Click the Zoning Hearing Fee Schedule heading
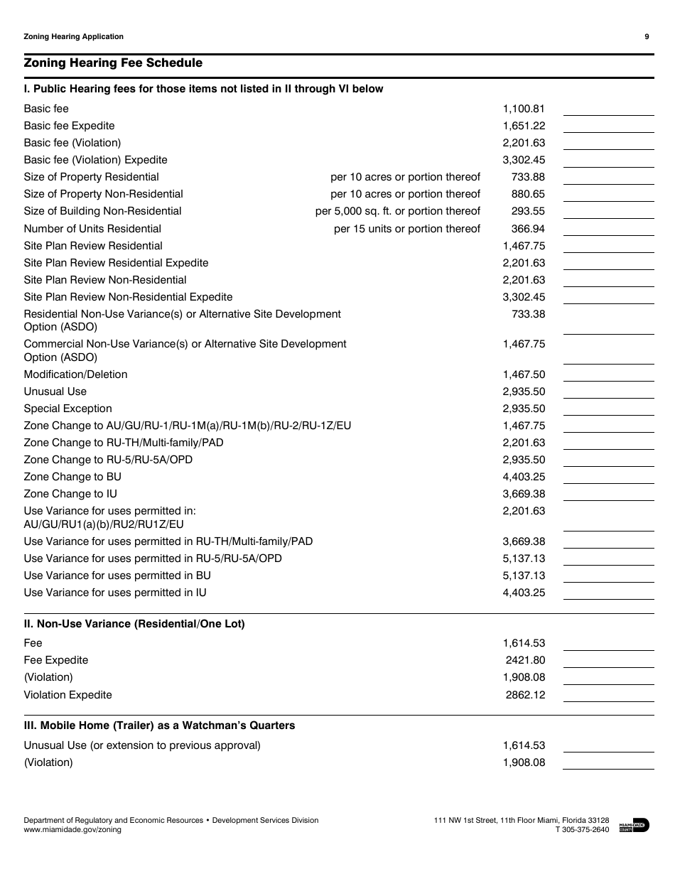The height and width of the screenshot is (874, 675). point(113,63)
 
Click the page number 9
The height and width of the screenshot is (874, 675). point(647,37)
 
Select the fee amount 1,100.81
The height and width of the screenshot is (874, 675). point(524,109)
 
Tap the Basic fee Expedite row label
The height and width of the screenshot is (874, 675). point(69,126)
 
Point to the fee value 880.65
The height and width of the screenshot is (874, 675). point(528,194)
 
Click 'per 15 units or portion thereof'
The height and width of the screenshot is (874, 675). point(407,229)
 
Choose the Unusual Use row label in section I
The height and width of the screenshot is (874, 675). point(55,392)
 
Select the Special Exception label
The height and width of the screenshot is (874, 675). point(67,409)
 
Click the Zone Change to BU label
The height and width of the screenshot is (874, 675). point(72,477)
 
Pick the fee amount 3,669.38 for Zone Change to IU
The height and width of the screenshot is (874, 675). point(524,494)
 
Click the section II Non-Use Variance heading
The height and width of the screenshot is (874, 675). point(134,624)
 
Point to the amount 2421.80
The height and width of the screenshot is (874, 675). point(526,660)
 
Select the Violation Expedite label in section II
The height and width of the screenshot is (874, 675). point(67,695)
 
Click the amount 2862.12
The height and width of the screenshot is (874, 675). point(526,695)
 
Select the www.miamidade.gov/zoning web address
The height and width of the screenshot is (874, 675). point(72,829)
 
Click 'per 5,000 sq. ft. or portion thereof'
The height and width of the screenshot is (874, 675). point(398,211)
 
